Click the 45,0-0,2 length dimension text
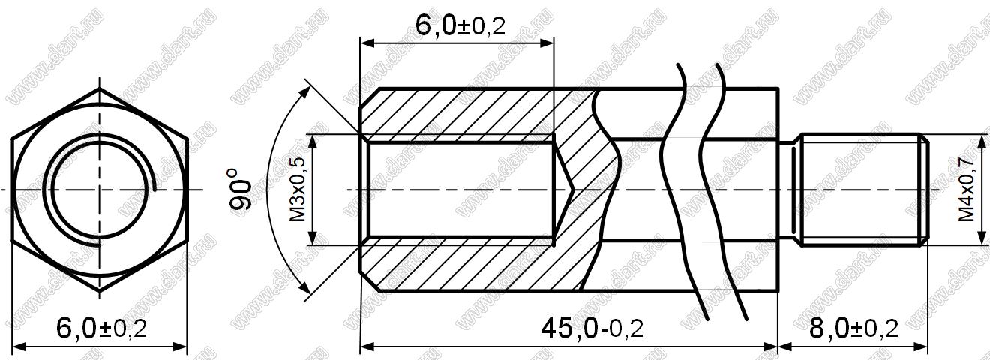(x=592, y=329)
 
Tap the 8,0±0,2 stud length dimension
(x=853, y=329)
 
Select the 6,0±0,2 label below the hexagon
(x=102, y=329)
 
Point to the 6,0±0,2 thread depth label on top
(x=460, y=26)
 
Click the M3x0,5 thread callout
(x=298, y=189)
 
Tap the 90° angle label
(x=241, y=189)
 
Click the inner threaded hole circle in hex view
(x=99, y=190)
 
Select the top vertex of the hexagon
(x=99, y=88)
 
